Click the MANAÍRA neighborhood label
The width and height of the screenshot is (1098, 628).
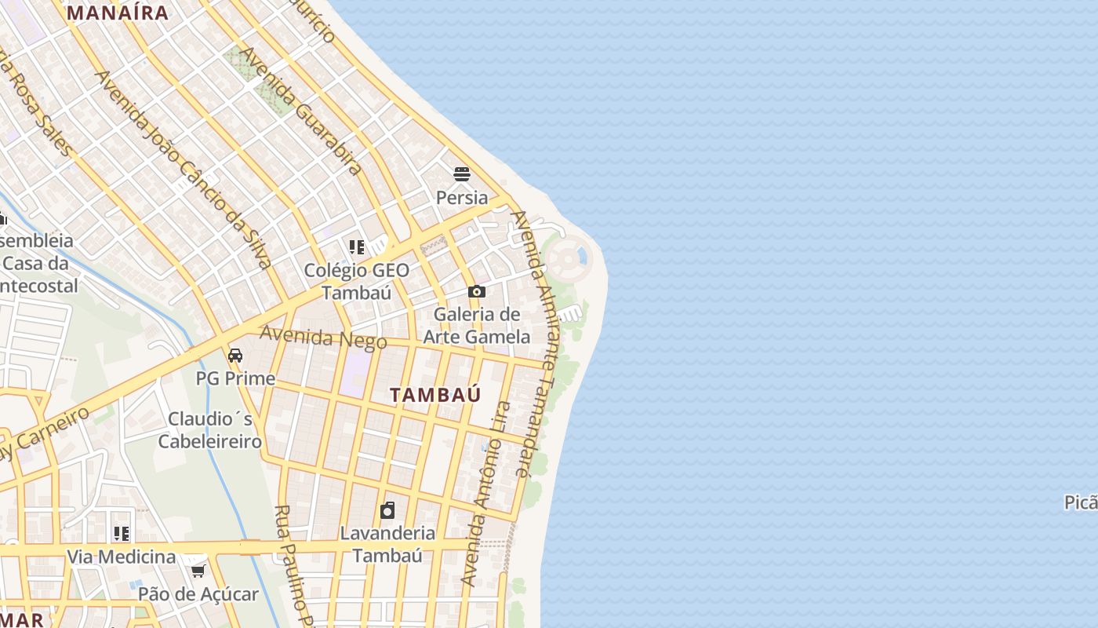click(x=118, y=13)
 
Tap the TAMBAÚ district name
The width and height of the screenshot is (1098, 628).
click(x=435, y=395)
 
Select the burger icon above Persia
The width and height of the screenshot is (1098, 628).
click(x=462, y=174)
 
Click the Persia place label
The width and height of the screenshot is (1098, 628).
click(x=462, y=197)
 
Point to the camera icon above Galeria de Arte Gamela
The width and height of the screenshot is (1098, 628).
click(x=476, y=292)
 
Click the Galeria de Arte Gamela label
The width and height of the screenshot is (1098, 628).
click(x=476, y=326)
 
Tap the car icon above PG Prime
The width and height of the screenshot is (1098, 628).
click(x=235, y=356)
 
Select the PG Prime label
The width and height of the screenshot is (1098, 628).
click(x=235, y=378)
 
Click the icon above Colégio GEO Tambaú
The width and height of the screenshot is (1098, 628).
click(x=357, y=247)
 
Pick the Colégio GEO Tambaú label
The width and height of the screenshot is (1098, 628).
click(x=357, y=281)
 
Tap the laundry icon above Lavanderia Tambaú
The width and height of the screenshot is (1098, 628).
click(x=387, y=511)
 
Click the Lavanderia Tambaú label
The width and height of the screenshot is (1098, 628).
click(x=387, y=544)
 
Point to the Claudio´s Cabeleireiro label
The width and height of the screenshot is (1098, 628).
click(x=210, y=429)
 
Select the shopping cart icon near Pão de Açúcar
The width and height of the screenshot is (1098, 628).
click(x=198, y=571)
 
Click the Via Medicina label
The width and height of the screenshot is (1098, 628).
click(x=121, y=557)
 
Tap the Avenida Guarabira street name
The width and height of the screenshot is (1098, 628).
click(x=301, y=110)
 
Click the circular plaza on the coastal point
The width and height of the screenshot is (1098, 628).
click(x=568, y=257)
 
